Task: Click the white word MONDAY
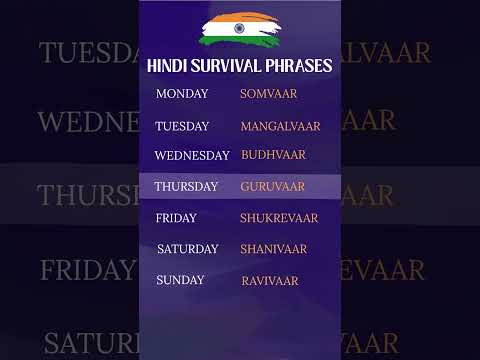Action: click(182, 94)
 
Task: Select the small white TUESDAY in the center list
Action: click(182, 126)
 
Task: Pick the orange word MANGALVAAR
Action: click(280, 126)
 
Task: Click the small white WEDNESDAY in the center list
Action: click(192, 155)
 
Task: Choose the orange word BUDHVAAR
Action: click(273, 155)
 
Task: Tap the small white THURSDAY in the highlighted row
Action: click(186, 186)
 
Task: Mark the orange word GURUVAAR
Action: click(273, 186)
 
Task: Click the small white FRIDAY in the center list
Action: click(176, 218)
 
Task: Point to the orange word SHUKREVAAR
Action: click(279, 218)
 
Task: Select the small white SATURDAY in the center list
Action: click(187, 249)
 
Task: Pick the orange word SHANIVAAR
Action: click(274, 249)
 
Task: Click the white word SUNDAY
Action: click(181, 281)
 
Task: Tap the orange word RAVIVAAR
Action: click(270, 281)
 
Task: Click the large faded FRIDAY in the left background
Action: click(87, 270)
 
